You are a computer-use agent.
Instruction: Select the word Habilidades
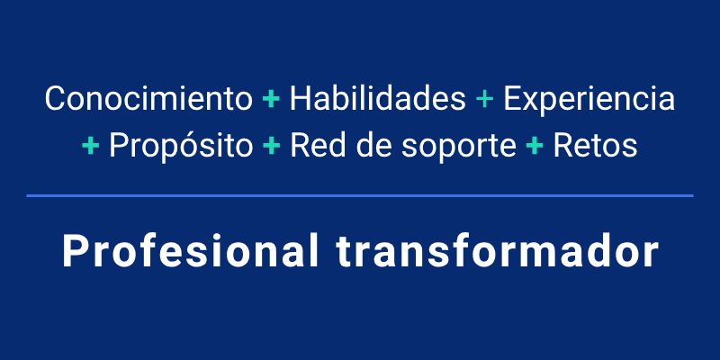(x=378, y=99)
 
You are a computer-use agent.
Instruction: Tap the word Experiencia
(x=589, y=99)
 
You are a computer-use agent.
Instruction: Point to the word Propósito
(x=181, y=146)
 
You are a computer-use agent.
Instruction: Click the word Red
(x=310, y=145)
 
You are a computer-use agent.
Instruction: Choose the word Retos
(x=596, y=145)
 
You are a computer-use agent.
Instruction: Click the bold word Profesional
(x=189, y=251)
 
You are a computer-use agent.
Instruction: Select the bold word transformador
(x=499, y=251)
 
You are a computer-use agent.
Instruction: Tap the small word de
(x=362, y=145)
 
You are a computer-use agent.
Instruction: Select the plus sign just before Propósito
(x=91, y=146)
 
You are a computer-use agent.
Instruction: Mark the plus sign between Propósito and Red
(x=271, y=146)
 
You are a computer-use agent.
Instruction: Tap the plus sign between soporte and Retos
(x=535, y=146)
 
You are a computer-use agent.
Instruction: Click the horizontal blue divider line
(x=360, y=194)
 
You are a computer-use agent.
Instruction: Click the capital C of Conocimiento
(x=56, y=99)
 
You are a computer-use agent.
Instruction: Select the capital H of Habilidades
(x=299, y=99)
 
